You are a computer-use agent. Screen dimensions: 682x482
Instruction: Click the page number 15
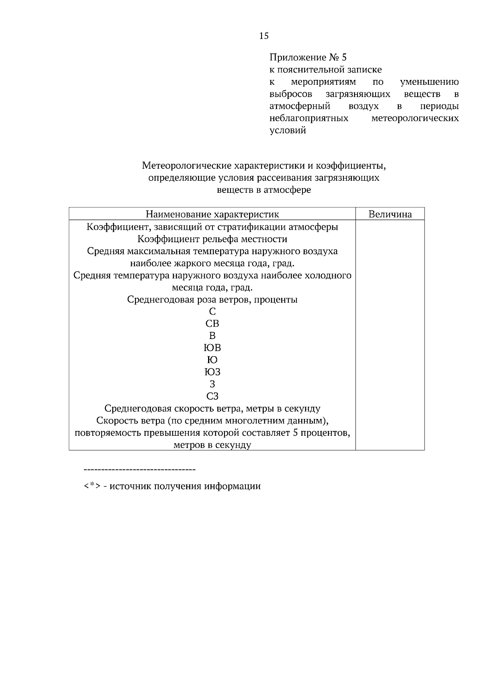264,36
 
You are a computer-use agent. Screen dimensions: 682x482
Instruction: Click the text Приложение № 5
308,57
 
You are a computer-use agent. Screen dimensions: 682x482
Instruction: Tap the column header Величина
390,214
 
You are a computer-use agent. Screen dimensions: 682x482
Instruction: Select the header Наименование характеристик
212,214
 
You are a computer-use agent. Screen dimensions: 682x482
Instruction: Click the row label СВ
212,324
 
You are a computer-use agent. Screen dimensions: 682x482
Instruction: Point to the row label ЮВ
212,348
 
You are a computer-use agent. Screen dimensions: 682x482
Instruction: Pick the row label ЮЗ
212,372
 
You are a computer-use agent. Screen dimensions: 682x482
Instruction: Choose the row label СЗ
212,396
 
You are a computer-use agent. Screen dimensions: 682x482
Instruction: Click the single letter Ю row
212,360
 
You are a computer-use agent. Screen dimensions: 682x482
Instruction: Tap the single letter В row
212,336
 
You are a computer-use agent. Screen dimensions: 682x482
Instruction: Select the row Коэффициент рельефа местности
212,239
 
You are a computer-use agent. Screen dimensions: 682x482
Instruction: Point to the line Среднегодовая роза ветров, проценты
212,300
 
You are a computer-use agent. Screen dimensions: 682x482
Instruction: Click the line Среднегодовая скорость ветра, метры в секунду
212,409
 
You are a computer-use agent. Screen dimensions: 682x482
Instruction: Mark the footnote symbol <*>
92,486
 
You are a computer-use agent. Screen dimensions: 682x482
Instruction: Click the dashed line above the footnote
139,469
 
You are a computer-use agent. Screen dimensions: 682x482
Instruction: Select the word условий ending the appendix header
288,131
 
